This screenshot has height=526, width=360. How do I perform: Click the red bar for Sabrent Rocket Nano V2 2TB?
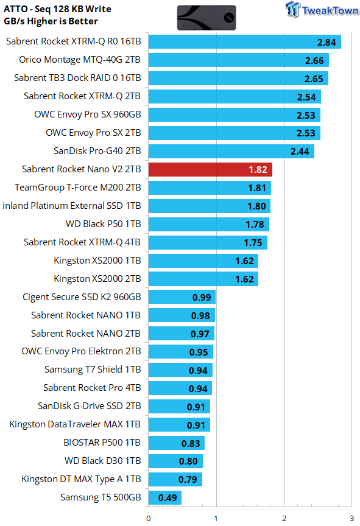click(210, 169)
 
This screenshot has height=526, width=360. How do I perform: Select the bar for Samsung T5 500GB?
click(164, 497)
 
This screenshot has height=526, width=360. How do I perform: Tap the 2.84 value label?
click(326, 42)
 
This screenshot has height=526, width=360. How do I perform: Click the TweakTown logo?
click(322, 10)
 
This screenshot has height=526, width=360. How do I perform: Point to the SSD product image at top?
click(206, 18)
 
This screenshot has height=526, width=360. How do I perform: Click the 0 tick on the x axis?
click(148, 519)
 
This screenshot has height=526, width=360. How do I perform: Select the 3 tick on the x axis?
click(351, 519)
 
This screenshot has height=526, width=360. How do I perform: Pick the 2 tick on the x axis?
click(284, 519)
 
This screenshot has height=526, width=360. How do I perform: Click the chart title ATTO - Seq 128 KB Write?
click(57, 9)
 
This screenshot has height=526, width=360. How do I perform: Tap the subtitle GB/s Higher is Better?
click(51, 21)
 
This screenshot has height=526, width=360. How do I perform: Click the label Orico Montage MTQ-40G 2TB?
click(80, 60)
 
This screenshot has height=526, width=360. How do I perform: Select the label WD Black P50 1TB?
click(103, 224)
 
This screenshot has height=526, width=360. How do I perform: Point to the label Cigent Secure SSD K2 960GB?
click(82, 297)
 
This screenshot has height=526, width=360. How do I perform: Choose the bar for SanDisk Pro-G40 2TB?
click(231, 152)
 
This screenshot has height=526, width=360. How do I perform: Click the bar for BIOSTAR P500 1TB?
click(177, 443)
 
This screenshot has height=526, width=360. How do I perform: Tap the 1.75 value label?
click(253, 242)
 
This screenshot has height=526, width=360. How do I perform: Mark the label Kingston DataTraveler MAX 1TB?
click(75, 424)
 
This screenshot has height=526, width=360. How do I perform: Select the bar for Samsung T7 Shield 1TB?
click(180, 370)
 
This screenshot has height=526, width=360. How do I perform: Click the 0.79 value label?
click(188, 479)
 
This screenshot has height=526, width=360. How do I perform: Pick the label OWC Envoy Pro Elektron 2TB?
click(81, 351)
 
